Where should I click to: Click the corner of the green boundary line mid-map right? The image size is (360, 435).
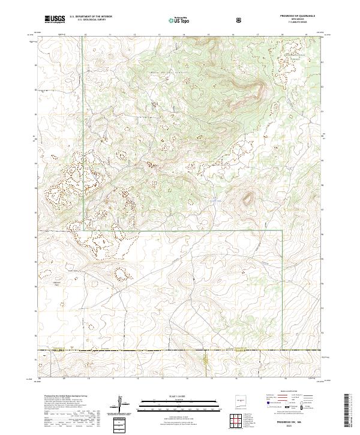282,230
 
